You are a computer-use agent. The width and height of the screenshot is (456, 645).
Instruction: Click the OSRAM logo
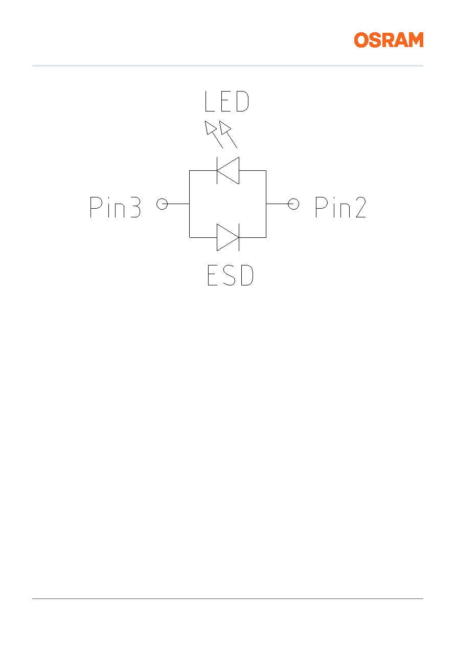click(389, 40)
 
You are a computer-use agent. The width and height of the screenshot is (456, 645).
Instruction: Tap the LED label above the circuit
click(226, 101)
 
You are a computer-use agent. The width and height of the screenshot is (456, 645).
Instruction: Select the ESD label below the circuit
click(231, 275)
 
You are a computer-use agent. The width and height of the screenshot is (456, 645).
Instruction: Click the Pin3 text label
click(115, 207)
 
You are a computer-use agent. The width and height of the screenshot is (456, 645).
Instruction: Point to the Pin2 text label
click(340, 207)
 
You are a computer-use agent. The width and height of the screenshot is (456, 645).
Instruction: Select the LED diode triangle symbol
click(228, 170)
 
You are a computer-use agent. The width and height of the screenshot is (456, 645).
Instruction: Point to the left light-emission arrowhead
click(210, 127)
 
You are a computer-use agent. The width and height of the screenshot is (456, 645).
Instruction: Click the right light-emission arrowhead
click(225, 127)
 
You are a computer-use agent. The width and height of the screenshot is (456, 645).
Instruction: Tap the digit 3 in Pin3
click(135, 207)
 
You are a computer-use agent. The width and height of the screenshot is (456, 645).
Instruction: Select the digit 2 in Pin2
click(361, 207)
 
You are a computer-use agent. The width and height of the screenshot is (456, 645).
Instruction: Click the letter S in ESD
click(230, 275)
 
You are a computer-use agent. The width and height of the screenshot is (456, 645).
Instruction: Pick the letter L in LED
click(210, 101)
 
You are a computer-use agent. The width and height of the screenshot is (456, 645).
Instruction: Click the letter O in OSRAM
click(361, 40)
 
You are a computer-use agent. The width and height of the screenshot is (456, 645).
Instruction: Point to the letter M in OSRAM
click(415, 40)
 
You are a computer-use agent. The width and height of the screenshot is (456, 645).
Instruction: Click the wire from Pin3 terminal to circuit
click(176, 204)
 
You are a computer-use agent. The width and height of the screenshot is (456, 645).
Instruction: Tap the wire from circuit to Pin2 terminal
click(280, 204)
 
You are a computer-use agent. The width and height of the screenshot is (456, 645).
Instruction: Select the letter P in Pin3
click(96, 207)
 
